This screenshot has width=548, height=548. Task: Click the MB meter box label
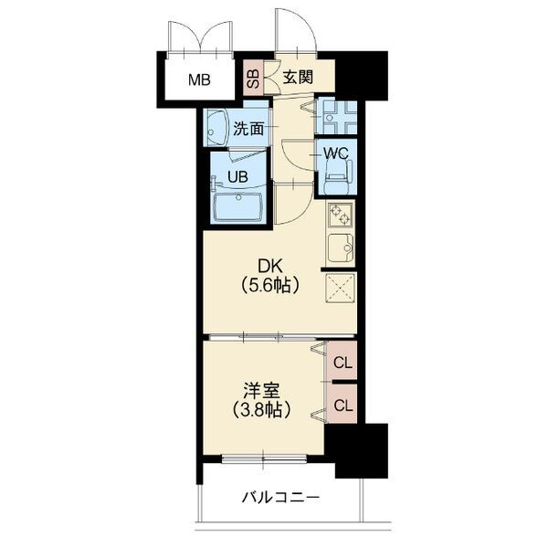click(199, 80)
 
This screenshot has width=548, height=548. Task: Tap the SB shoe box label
click(253, 78)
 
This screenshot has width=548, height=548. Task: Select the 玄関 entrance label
click(298, 77)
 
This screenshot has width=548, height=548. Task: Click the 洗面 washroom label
click(248, 129)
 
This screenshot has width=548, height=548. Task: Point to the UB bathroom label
click(237, 177)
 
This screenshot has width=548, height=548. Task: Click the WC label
click(335, 153)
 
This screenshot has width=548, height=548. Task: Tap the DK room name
click(269, 267)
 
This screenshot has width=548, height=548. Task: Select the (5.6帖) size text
click(269, 285)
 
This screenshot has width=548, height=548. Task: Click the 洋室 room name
click(261, 391)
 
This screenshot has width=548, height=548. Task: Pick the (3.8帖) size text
click(261, 409)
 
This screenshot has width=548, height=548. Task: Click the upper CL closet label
click(342, 364)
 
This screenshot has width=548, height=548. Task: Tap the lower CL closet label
click(342, 406)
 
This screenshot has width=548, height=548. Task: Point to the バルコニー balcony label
click(280, 497)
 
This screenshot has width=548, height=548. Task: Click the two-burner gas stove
click(341, 215)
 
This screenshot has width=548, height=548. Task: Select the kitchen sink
click(341, 248)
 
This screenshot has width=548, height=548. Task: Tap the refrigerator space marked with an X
click(341, 288)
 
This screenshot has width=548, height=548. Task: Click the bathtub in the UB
click(237, 207)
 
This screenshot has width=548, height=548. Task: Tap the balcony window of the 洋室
click(264, 458)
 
